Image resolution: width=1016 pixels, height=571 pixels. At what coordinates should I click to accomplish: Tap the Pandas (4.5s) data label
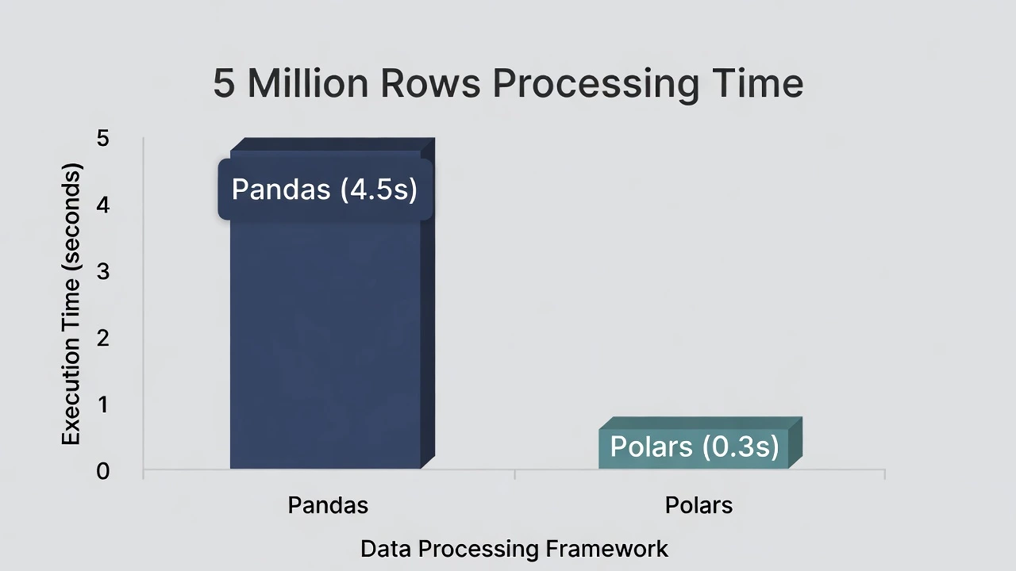(x=325, y=190)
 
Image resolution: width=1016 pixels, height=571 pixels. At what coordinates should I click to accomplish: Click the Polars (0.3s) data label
(x=695, y=446)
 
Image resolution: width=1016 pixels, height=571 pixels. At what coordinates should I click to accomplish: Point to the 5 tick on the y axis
(x=103, y=139)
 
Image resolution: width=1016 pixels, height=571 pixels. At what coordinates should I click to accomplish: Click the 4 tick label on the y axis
(x=103, y=205)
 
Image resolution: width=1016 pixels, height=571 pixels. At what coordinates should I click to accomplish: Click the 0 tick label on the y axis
(x=103, y=471)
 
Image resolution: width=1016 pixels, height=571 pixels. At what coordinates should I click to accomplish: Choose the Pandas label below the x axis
(x=328, y=505)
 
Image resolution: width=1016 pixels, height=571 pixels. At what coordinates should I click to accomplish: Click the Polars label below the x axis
(x=698, y=505)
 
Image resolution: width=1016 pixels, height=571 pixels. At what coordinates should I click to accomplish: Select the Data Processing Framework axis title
(x=514, y=548)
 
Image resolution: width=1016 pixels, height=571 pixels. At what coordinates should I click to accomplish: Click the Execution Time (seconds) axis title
(x=71, y=305)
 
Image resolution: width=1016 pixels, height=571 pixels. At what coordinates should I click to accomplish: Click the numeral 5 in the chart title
(x=224, y=84)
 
